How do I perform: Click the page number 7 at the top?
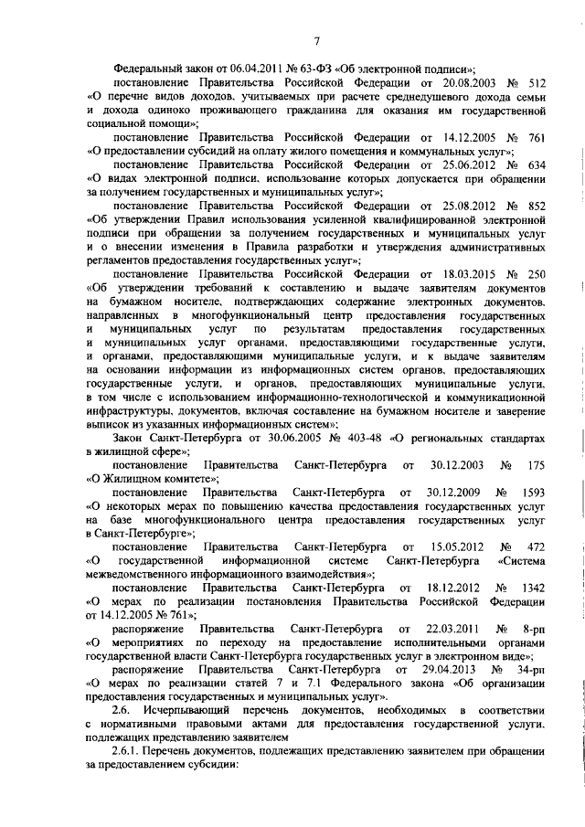click(316, 39)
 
